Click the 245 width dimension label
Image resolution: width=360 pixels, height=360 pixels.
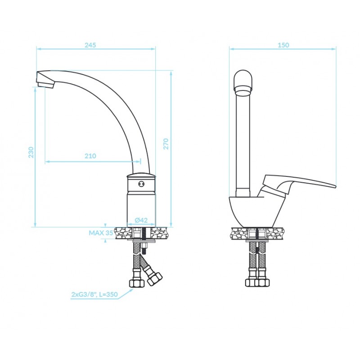[x=90, y=45]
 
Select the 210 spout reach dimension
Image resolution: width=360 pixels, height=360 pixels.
[x=90, y=156]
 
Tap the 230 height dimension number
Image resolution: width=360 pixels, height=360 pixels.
[x=31, y=152]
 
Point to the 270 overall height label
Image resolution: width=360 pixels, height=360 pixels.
[x=166, y=144]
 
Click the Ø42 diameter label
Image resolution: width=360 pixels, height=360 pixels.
[x=141, y=220]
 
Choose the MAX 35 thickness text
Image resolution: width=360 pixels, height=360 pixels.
[x=101, y=233]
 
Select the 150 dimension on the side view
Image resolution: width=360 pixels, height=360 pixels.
[x=283, y=45]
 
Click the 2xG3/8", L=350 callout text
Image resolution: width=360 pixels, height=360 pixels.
[x=94, y=294]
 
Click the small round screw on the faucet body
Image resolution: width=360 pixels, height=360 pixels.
[x=141, y=184]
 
